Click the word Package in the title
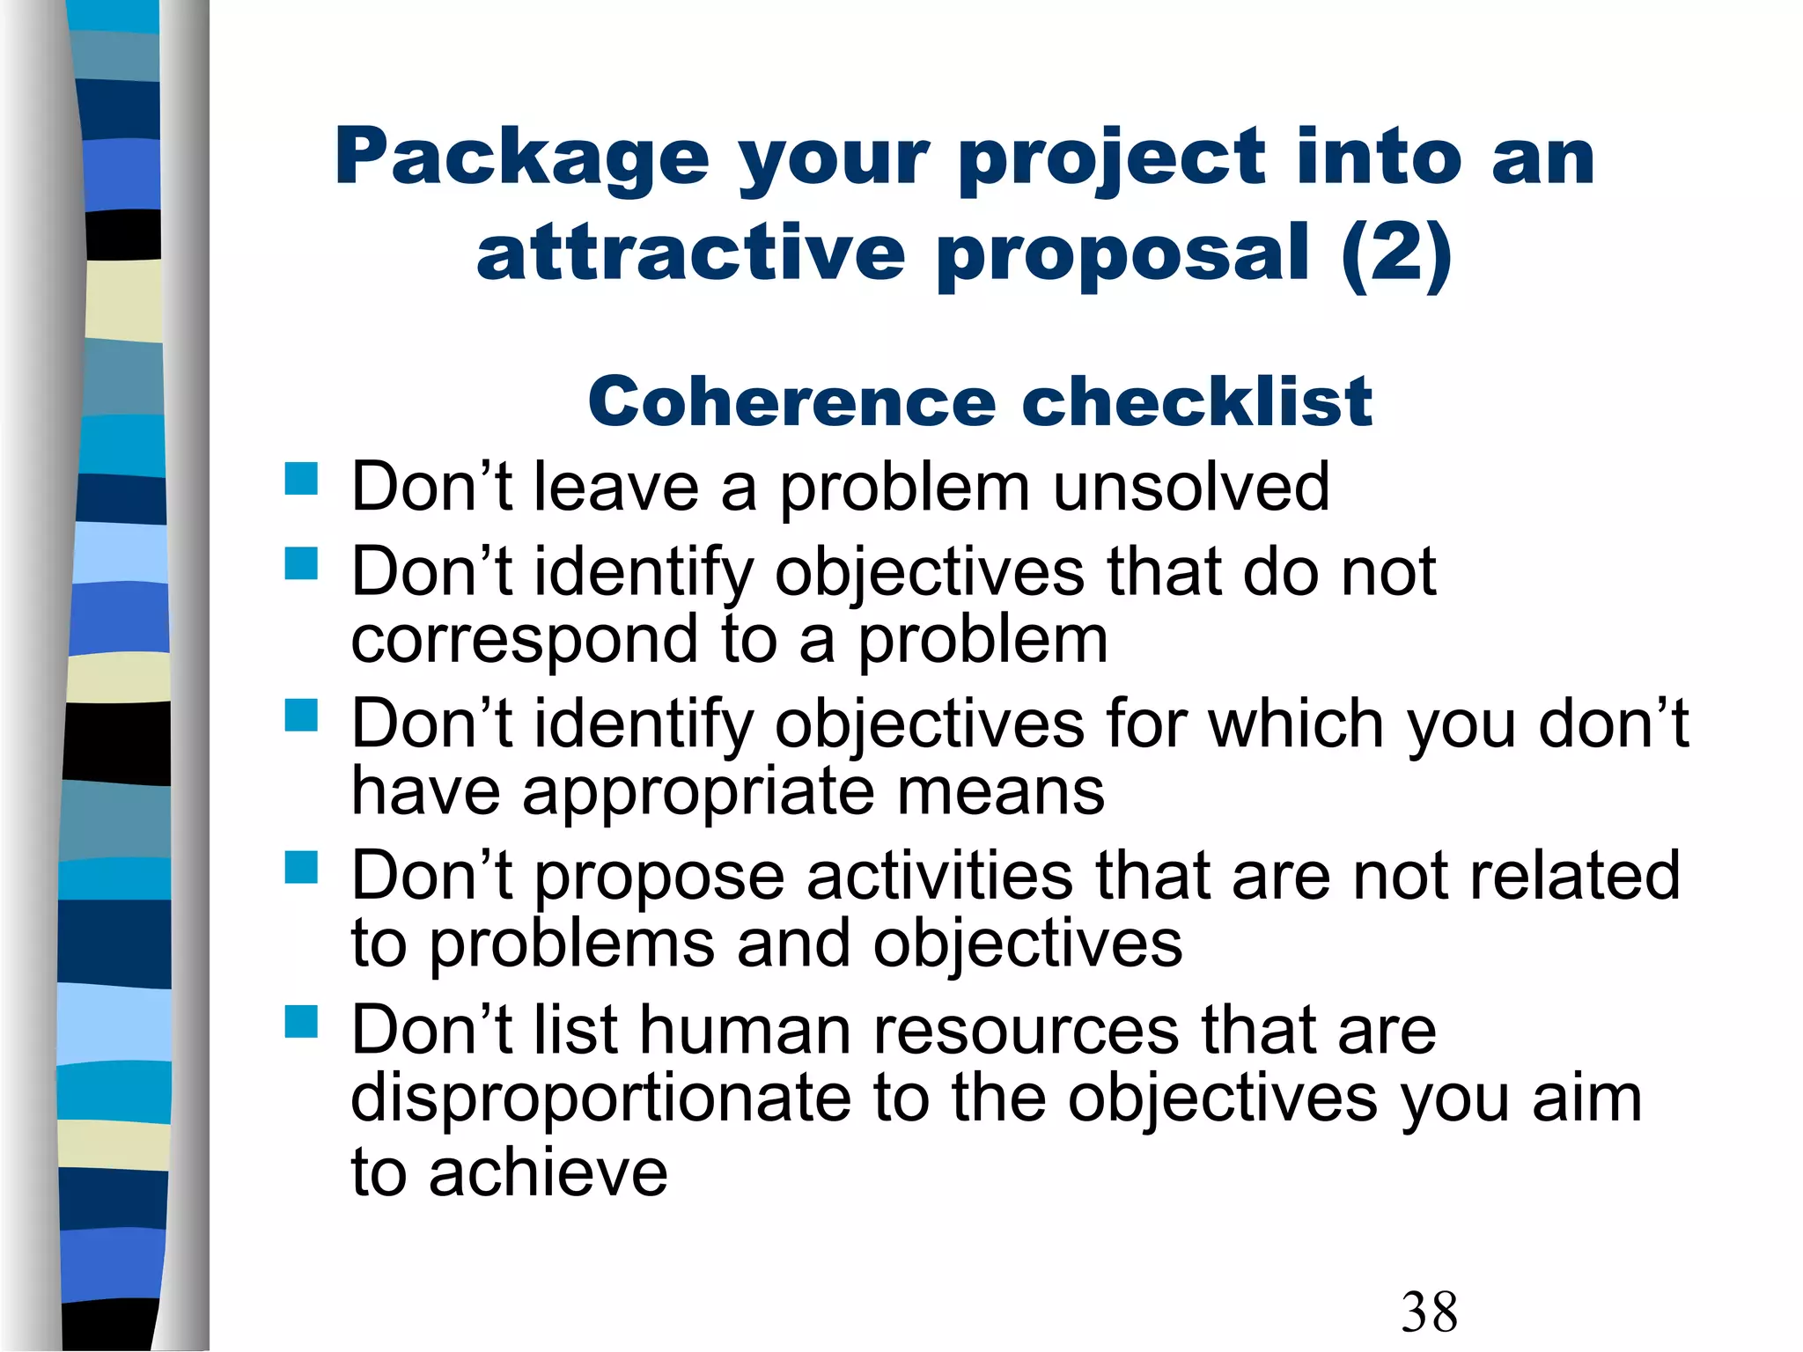(x=521, y=158)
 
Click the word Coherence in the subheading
(x=791, y=402)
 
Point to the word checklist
(x=1196, y=402)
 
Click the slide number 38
(x=1429, y=1312)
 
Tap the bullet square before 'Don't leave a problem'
(x=301, y=480)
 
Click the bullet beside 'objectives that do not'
(x=301, y=564)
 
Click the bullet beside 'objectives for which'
(x=301, y=716)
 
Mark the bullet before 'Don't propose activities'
(x=301, y=868)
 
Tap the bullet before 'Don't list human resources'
(x=301, y=1022)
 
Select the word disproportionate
(x=600, y=1099)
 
